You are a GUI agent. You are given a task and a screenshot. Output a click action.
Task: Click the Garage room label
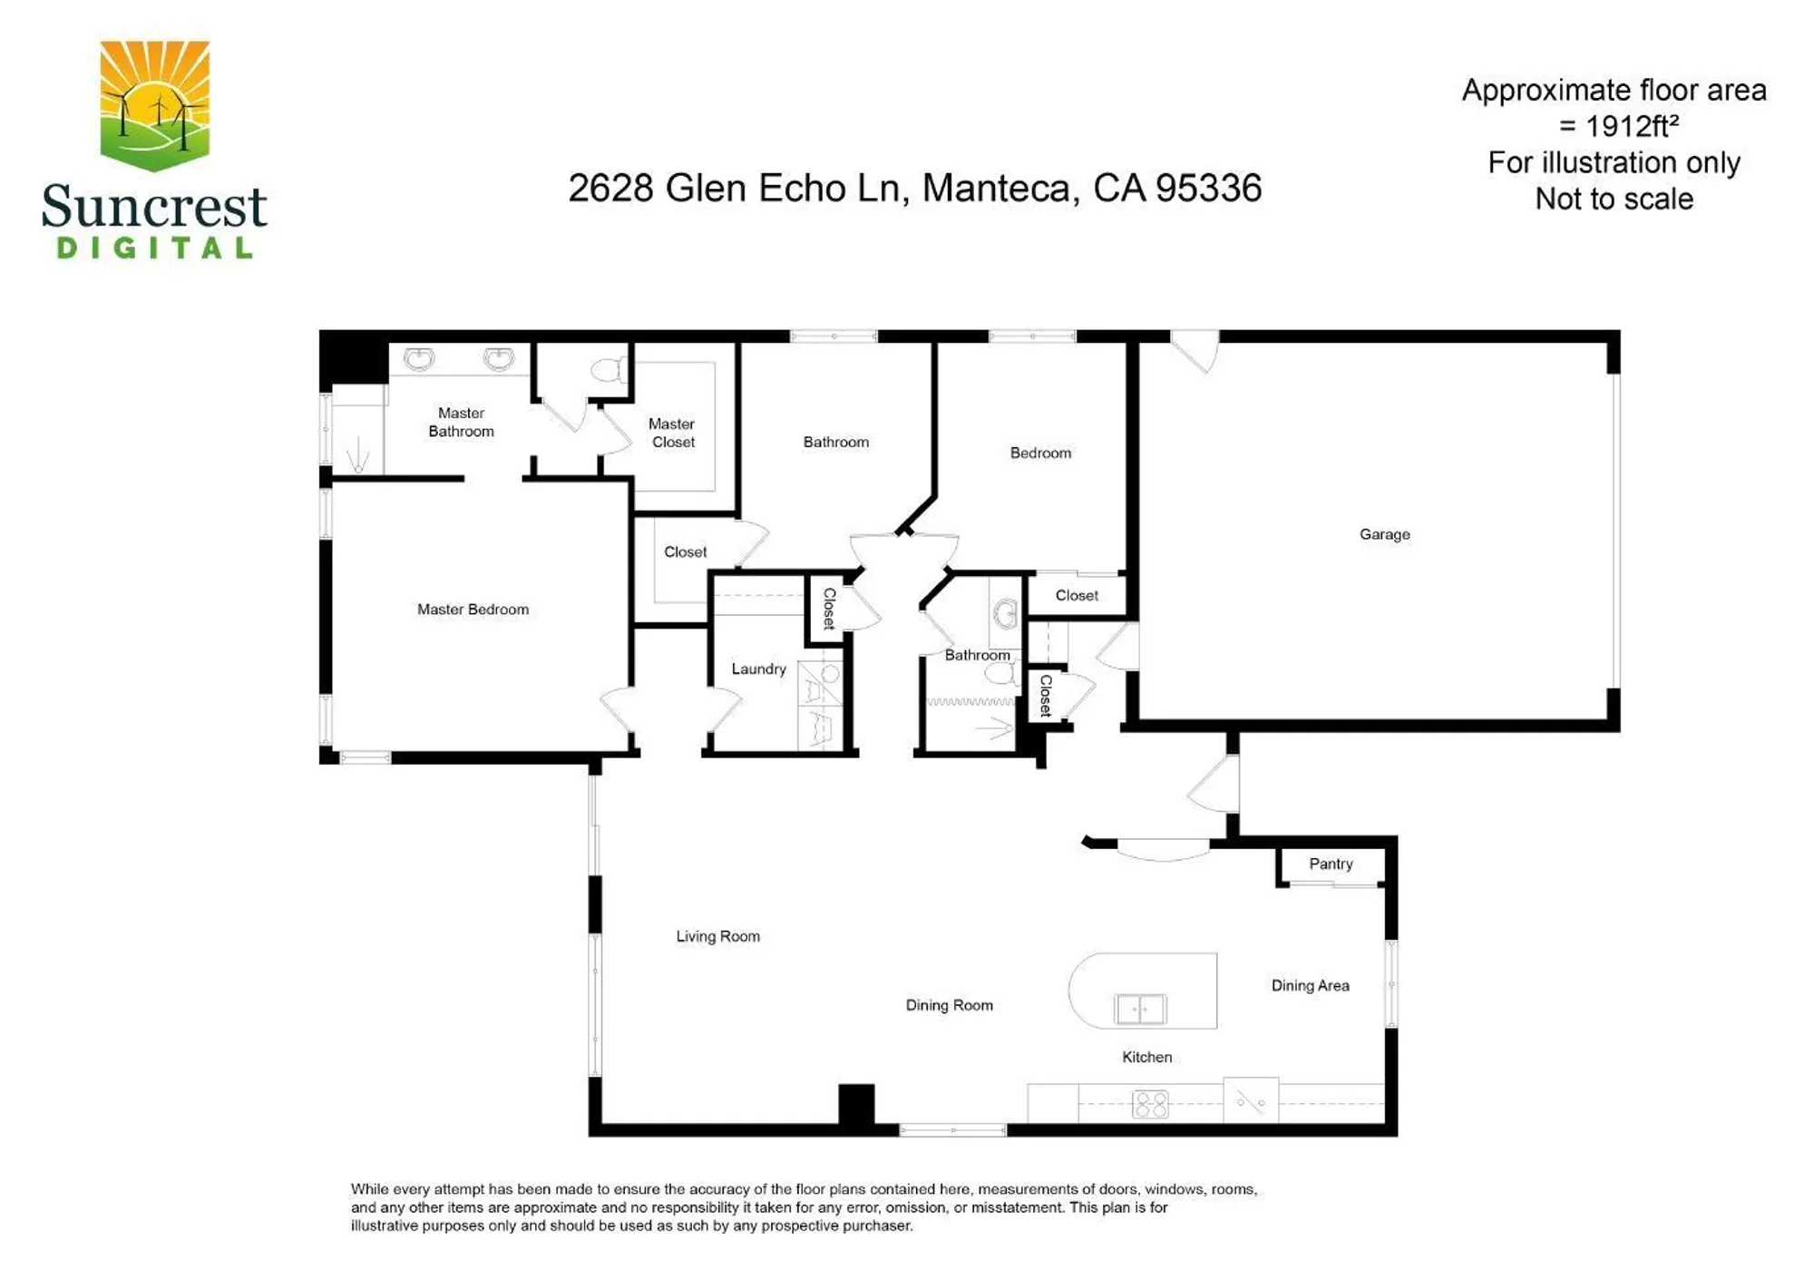[1384, 534]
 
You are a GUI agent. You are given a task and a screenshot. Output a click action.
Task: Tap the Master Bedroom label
[473, 610]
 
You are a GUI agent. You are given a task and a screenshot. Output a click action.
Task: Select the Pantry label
[1331, 864]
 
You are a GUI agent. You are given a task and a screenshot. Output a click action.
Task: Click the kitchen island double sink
[1140, 1009]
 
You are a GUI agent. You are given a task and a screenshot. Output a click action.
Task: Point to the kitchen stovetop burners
[1150, 1104]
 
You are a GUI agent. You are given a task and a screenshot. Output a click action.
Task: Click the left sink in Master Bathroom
[418, 359]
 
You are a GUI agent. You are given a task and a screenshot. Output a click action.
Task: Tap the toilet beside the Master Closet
[608, 369]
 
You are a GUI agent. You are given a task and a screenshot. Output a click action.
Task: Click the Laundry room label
[758, 669]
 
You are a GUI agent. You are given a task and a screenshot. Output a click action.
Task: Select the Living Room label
[717, 936]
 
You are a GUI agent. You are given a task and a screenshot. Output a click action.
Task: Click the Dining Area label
[1310, 985]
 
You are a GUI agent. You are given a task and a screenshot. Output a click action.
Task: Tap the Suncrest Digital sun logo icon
[155, 105]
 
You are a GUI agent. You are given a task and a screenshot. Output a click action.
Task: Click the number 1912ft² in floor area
[1632, 126]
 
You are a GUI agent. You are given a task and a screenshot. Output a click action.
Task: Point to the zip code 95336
[1208, 189]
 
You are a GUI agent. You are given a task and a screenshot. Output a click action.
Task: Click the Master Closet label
[672, 433]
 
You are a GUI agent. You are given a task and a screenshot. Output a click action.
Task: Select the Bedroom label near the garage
[1040, 453]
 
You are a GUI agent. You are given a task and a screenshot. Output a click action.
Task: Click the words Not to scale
[1614, 199]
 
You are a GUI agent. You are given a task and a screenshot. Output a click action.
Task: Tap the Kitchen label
[1146, 1057]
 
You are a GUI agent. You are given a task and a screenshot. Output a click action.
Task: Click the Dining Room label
[949, 1005]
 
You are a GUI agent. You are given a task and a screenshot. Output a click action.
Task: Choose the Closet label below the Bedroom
[1077, 595]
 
